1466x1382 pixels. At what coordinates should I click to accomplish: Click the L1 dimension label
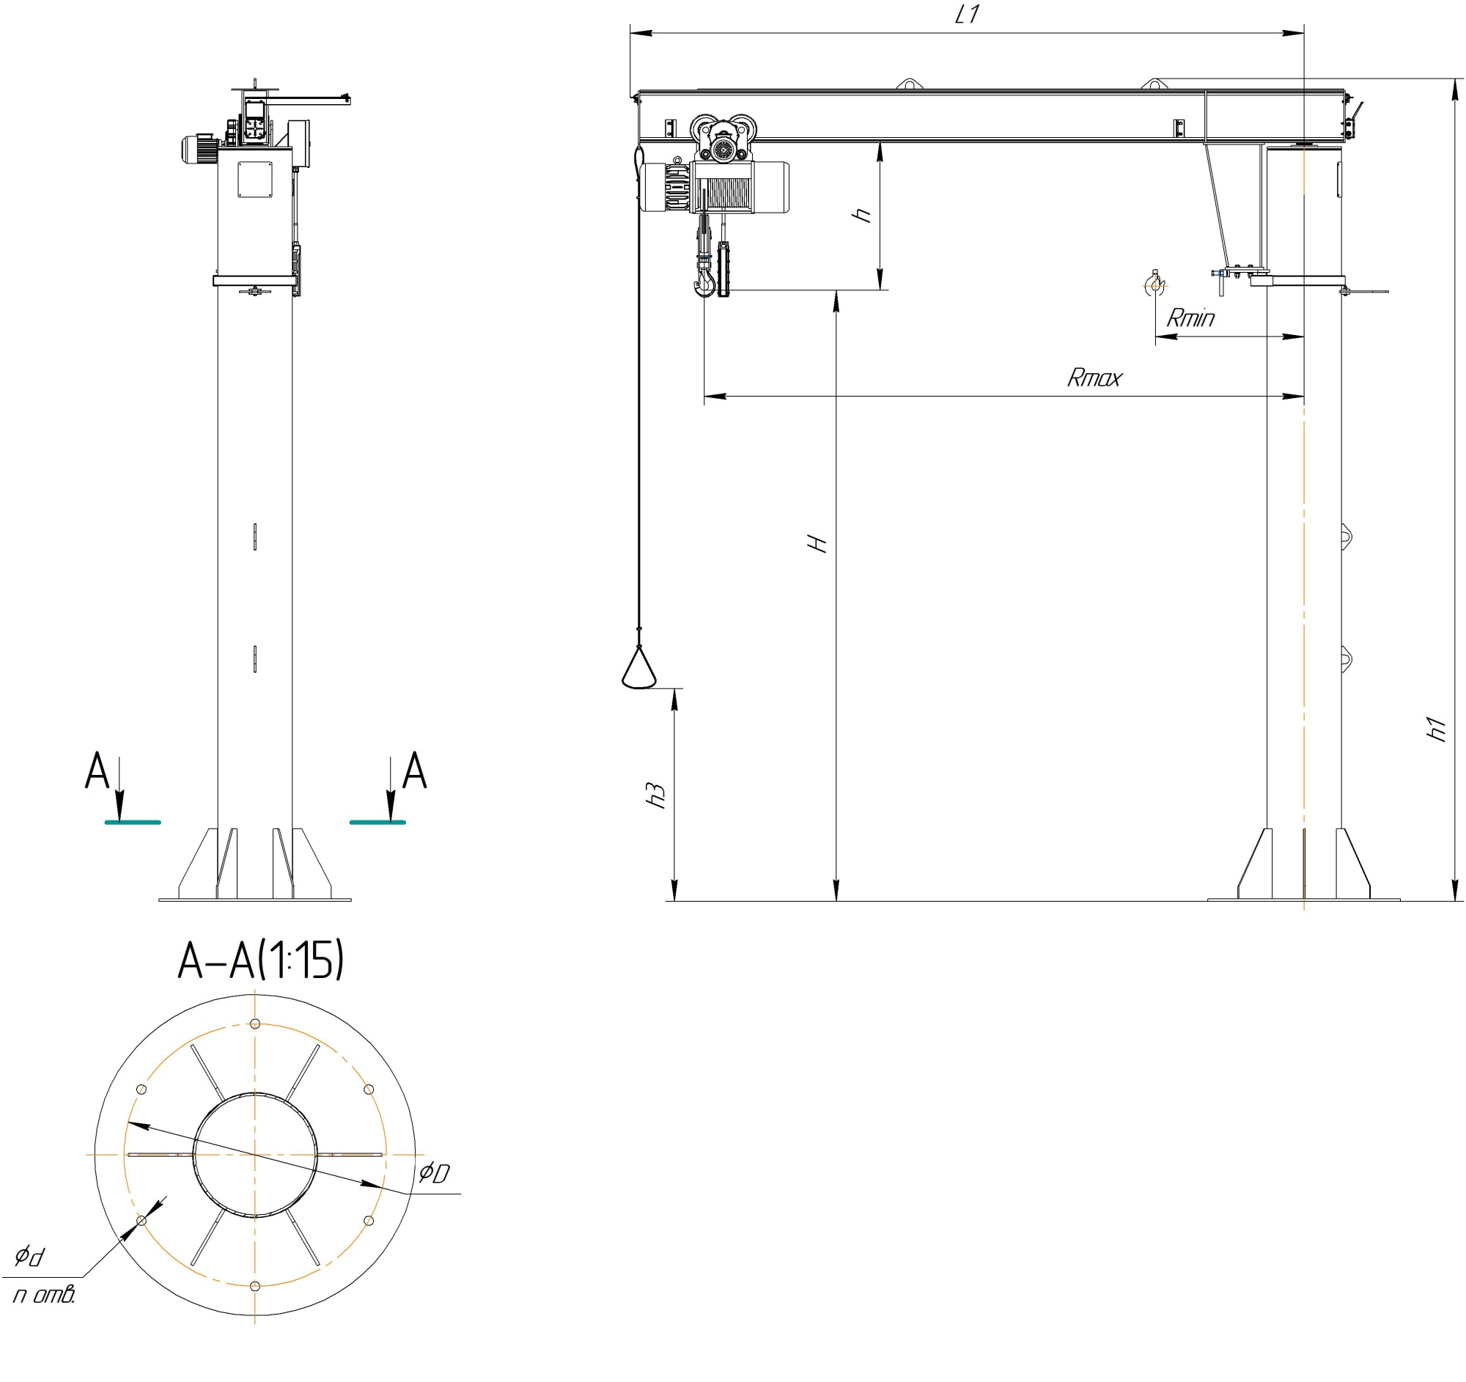pos(966,14)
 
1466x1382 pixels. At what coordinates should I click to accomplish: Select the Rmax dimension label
pos(1094,378)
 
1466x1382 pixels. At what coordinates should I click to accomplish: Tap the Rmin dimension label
pos(1190,318)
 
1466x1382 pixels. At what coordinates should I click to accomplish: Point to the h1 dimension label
pos(1436,729)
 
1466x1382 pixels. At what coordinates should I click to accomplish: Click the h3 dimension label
pos(655,794)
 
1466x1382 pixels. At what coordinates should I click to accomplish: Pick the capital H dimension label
pos(817,544)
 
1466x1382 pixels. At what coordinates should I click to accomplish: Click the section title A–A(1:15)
pos(261,960)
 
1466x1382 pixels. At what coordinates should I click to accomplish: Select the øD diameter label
pos(434,1172)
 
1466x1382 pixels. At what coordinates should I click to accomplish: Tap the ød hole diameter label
pos(30,1254)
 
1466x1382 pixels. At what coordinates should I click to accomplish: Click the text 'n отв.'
pos(44,1294)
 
